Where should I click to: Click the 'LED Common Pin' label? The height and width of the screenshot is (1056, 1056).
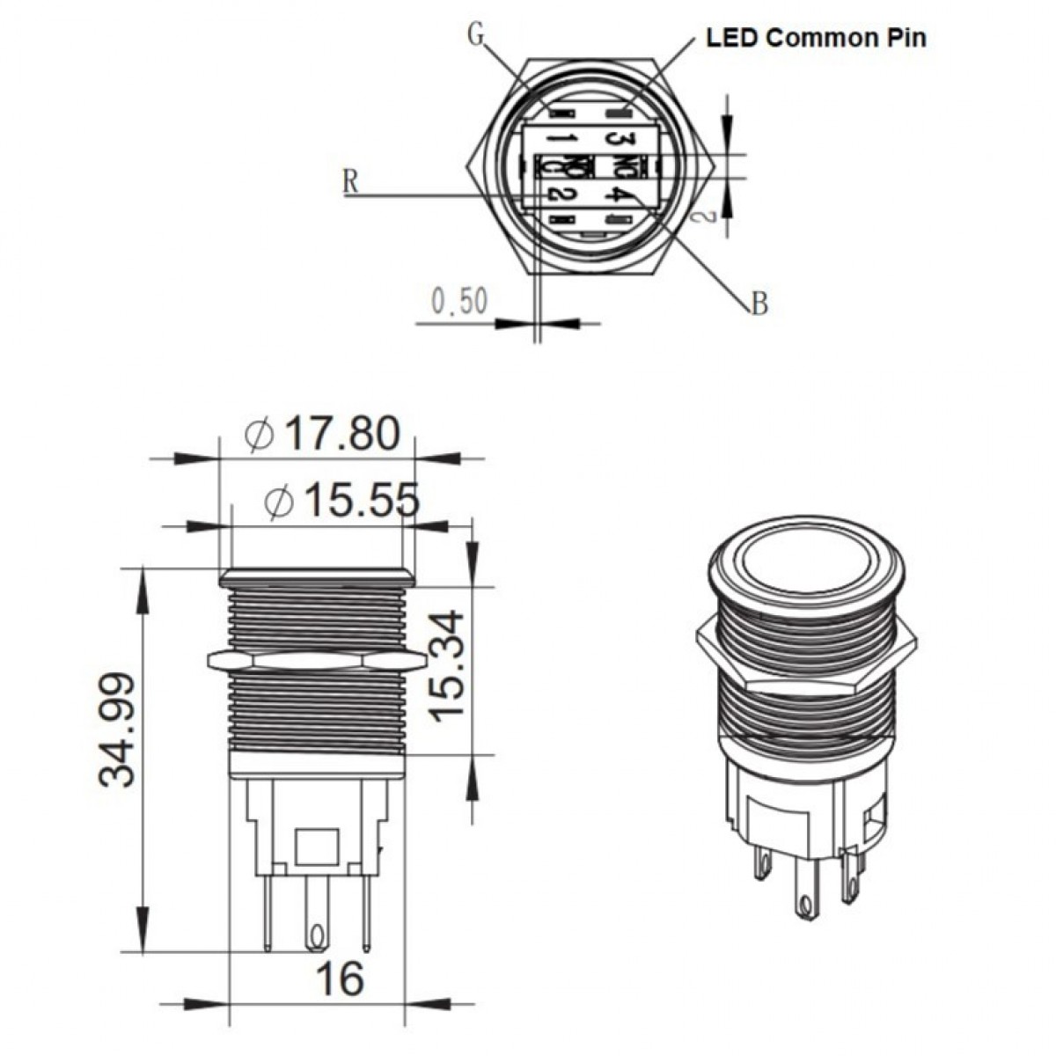816,37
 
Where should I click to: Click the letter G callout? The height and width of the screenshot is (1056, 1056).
476,34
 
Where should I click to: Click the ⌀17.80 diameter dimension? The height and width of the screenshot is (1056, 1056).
323,434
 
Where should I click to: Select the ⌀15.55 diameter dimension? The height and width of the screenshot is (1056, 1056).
341,502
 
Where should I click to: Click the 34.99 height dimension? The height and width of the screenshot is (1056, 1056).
117,729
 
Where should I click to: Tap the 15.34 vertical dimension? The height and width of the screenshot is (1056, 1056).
448,665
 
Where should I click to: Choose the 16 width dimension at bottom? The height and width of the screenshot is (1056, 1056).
339,978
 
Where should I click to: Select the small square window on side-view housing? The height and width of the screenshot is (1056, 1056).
318,847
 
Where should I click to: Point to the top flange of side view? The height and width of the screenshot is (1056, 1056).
318,577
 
